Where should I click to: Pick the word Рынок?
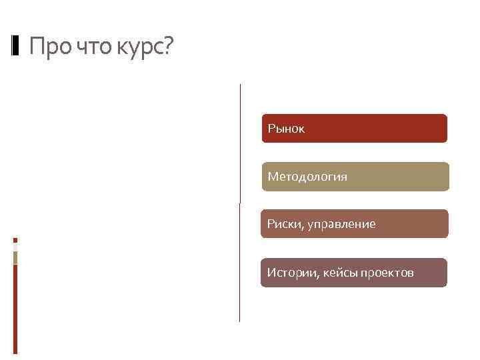pos(286,129)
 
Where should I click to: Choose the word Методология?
pos(307,177)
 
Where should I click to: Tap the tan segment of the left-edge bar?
pos(15,257)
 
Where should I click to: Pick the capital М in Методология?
pos(272,177)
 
